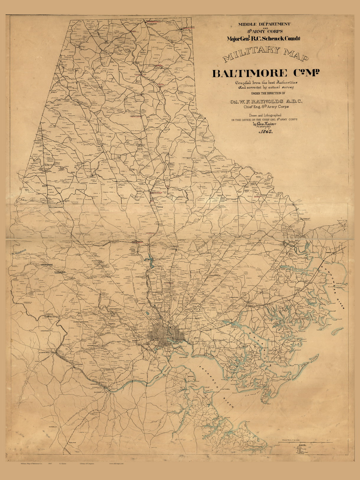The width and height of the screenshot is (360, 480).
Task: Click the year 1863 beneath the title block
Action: pyautogui.click(x=266, y=132)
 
